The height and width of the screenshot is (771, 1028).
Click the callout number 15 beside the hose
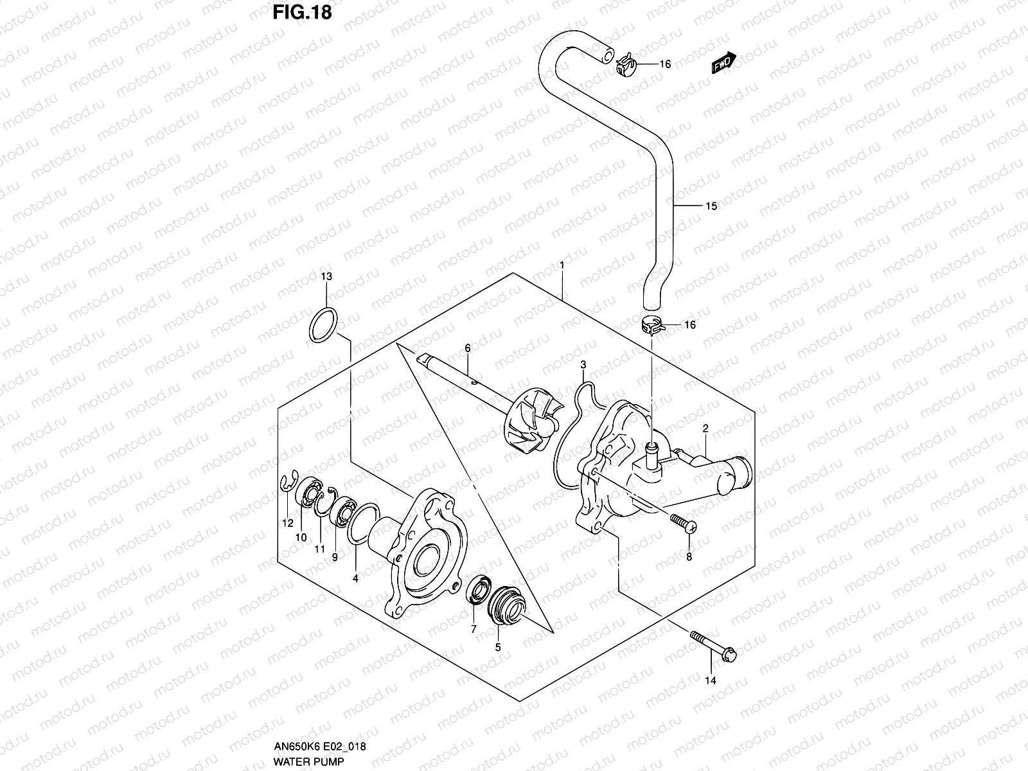711,206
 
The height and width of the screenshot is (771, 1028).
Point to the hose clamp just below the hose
652,324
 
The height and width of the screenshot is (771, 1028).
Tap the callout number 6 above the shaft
468,348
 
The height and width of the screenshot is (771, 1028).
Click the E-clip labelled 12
289,485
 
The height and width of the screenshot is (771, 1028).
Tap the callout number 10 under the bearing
301,537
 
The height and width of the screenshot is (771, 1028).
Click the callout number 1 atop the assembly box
562,265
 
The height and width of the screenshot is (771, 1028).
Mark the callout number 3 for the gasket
583,365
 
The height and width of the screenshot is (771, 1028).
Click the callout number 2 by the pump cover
705,429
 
